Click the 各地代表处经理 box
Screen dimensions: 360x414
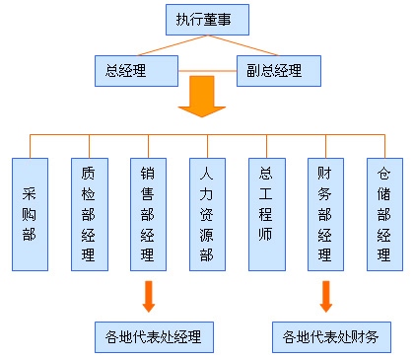[x=154, y=336]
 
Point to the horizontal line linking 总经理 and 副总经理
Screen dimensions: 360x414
[x=207, y=71]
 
